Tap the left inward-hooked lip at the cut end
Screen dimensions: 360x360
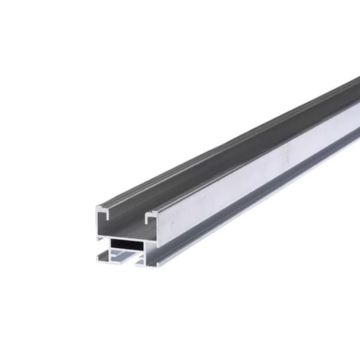click(x=104, y=211)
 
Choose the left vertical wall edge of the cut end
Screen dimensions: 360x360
click(x=99, y=222)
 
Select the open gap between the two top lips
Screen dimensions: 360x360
click(x=128, y=211)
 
